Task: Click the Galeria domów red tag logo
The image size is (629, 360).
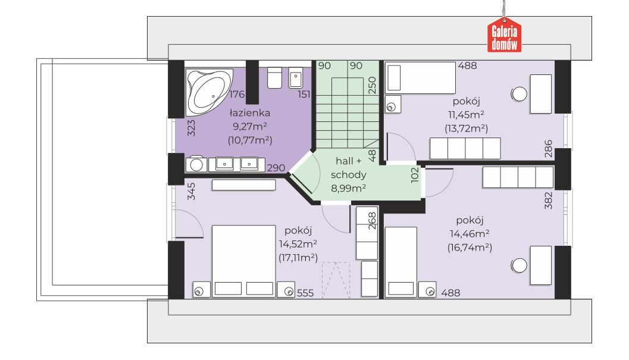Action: click(504, 36)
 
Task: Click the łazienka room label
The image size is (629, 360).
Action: click(249, 113)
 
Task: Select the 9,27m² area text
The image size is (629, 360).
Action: click(250, 126)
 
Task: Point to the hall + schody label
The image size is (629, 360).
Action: click(349, 168)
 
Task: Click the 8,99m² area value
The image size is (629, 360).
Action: click(349, 187)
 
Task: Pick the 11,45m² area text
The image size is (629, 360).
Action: click(466, 115)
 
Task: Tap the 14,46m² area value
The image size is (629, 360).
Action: click(470, 234)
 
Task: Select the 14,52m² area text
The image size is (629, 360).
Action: click(298, 244)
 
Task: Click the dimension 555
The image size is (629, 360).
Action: click(305, 293)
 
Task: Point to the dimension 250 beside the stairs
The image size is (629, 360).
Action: click(373, 85)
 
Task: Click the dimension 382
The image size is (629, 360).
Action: click(549, 201)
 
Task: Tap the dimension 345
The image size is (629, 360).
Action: click(191, 192)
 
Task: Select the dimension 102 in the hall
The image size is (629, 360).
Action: click(415, 175)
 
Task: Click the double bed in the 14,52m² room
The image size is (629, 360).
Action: click(243, 261)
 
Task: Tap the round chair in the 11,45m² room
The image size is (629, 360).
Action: click(519, 95)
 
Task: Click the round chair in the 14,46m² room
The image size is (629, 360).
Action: click(519, 265)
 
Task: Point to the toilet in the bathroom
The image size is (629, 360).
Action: click(275, 77)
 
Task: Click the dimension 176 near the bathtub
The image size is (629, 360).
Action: click(237, 95)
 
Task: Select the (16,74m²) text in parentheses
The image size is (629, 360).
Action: click(470, 247)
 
